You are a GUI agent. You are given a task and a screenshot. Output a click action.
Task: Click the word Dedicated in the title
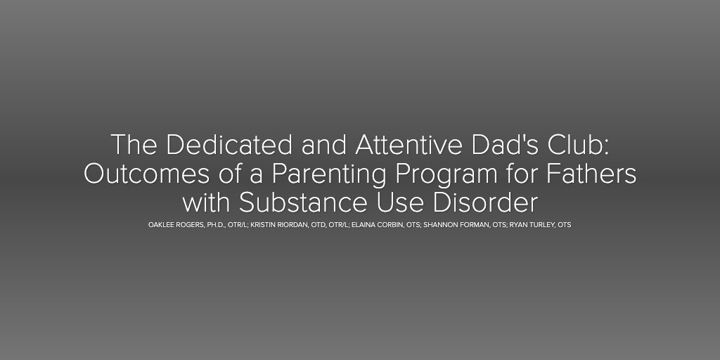[229, 145]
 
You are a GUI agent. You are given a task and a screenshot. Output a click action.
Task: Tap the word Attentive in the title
[409, 145]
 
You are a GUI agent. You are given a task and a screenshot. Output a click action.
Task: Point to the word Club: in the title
[578, 145]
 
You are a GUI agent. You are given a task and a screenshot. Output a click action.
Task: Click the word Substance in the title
[303, 203]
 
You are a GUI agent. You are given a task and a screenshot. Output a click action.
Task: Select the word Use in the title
[400, 203]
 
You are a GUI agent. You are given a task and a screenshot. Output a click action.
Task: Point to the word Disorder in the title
[485, 203]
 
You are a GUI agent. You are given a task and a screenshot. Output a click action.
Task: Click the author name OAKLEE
[161, 225]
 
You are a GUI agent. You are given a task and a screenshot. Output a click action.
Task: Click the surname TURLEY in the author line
[541, 225]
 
